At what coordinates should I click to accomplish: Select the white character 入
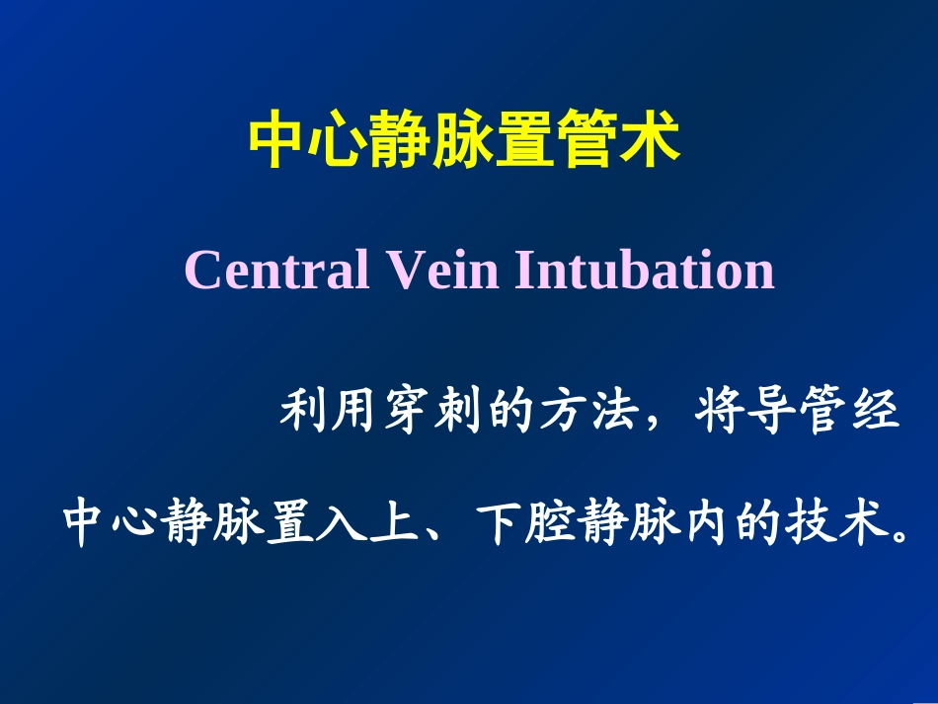point(343,524)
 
